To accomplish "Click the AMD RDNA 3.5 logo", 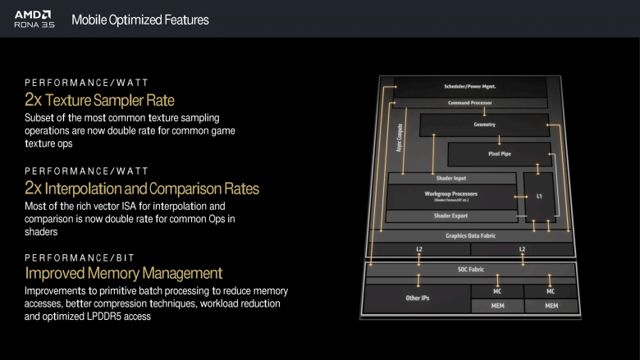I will point(32,19).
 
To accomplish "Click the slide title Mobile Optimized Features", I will point(140,19).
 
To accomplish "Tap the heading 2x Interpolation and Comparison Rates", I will point(142,188).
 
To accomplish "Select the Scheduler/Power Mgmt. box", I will point(470,86).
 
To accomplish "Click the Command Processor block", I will point(470,103).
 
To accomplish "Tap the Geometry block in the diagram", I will point(484,125).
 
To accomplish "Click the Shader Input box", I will point(450,178).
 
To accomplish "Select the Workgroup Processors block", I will point(450,195).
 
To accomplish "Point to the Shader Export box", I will point(450,216).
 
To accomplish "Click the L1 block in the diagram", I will point(538,197).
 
